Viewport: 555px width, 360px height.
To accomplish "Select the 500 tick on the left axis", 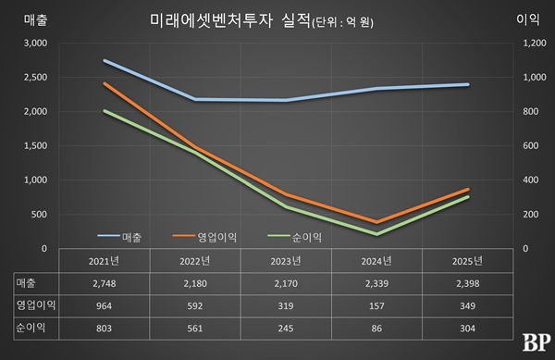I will pos(37,215).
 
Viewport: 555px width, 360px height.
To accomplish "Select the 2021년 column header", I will pos(105,260).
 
